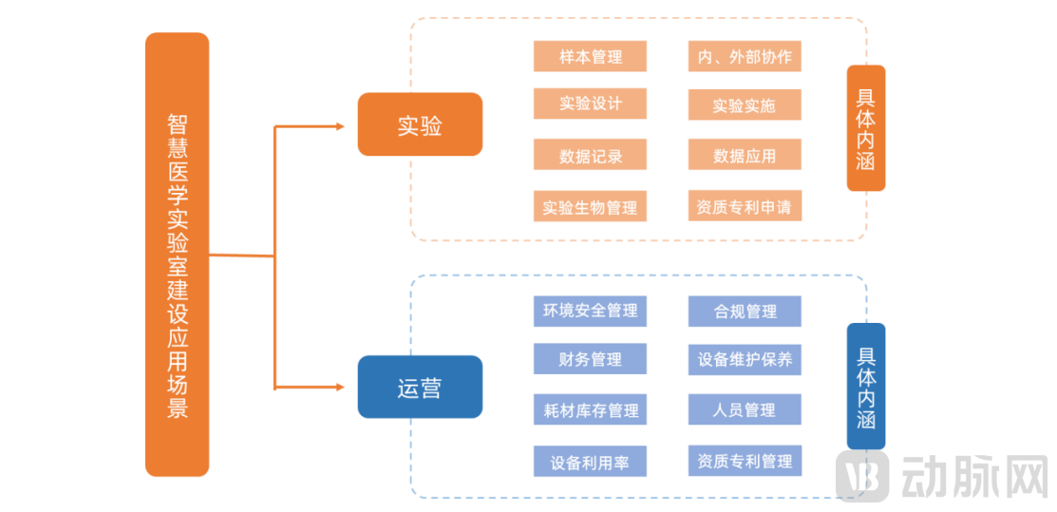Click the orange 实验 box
(x=420, y=124)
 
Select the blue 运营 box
(x=420, y=388)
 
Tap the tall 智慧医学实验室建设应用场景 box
(x=177, y=255)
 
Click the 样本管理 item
(x=590, y=56)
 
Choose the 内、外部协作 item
(x=745, y=56)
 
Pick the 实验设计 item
(x=590, y=104)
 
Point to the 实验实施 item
(x=745, y=104)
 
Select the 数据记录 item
(x=590, y=155)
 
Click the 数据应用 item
(x=745, y=155)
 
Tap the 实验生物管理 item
(x=590, y=206)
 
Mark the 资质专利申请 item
(x=745, y=205)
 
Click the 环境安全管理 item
(x=590, y=311)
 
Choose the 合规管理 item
(x=745, y=311)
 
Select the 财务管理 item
(x=590, y=359)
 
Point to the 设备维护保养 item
(x=745, y=359)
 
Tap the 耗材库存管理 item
(x=590, y=409)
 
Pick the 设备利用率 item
(x=590, y=462)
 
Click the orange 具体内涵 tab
(x=865, y=127)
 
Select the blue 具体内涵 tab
(x=865, y=386)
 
